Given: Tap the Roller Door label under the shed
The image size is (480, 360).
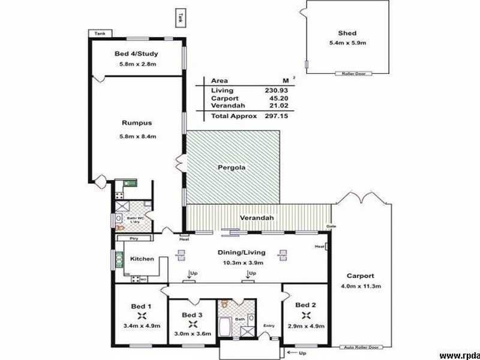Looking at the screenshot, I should point(353,74).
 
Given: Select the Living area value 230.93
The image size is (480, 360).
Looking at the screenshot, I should point(275,90).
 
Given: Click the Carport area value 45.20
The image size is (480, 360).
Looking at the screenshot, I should point(275,98).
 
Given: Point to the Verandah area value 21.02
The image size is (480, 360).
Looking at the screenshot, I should point(275,106).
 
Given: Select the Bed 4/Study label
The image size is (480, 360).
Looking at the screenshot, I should point(136,54).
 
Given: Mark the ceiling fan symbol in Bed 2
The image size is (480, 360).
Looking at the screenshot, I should point(306,316).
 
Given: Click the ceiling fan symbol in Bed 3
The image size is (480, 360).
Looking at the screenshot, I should point(193,324).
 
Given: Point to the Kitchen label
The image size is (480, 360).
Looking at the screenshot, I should point(142,259).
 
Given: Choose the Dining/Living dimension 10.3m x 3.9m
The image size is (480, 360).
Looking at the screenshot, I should point(241,263).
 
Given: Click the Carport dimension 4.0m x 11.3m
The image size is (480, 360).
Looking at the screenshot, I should point(361,286).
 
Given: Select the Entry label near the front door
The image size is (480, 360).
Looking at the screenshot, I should point(269,326).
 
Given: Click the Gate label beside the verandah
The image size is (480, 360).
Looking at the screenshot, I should point(330,226).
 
